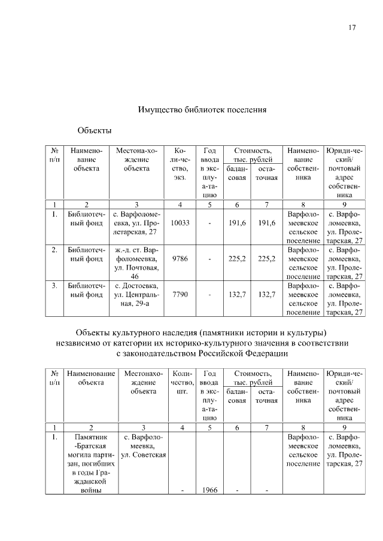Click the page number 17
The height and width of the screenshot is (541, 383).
point(352,27)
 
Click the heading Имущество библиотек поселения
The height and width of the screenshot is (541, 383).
point(202,110)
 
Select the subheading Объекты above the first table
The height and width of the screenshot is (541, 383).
point(95,130)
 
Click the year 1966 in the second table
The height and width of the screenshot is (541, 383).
point(209,490)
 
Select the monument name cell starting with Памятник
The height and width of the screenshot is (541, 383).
point(91,463)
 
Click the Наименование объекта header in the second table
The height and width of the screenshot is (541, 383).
point(91,378)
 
